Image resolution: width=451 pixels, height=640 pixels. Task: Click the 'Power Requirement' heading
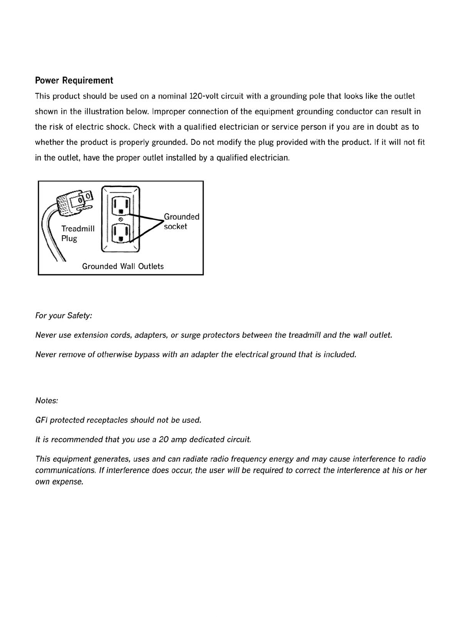[74, 80]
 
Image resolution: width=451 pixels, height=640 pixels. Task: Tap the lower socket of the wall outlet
[121, 233]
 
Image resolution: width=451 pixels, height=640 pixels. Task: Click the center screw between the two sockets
[121, 219]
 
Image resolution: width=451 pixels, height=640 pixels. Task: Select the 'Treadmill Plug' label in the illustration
[78, 234]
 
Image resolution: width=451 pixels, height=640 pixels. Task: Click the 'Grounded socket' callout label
[181, 221]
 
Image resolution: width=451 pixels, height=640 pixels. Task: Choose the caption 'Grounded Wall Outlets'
[123, 266]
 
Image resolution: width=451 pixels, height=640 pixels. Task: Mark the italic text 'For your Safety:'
[64, 316]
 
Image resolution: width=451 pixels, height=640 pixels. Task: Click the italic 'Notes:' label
[47, 400]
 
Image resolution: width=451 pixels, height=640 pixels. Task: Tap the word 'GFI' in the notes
[41, 420]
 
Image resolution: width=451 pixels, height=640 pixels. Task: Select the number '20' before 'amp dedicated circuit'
[163, 439]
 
